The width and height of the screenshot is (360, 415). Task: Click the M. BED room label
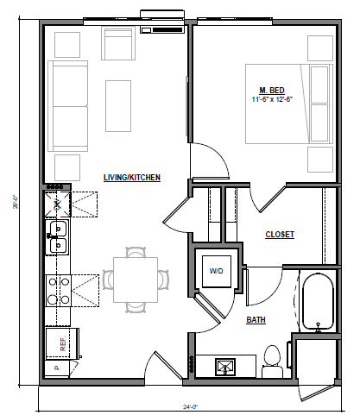273,90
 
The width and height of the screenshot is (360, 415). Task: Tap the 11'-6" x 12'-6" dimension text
273,99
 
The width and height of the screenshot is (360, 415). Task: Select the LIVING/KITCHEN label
132,178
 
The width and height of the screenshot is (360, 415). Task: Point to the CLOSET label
280,234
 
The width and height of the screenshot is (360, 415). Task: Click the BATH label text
256,319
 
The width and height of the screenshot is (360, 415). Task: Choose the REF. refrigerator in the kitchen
62,343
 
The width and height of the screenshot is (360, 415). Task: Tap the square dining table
132,280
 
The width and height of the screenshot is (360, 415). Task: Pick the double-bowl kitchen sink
59,239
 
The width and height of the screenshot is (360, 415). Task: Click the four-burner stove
60,290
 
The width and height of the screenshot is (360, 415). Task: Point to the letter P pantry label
56,368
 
